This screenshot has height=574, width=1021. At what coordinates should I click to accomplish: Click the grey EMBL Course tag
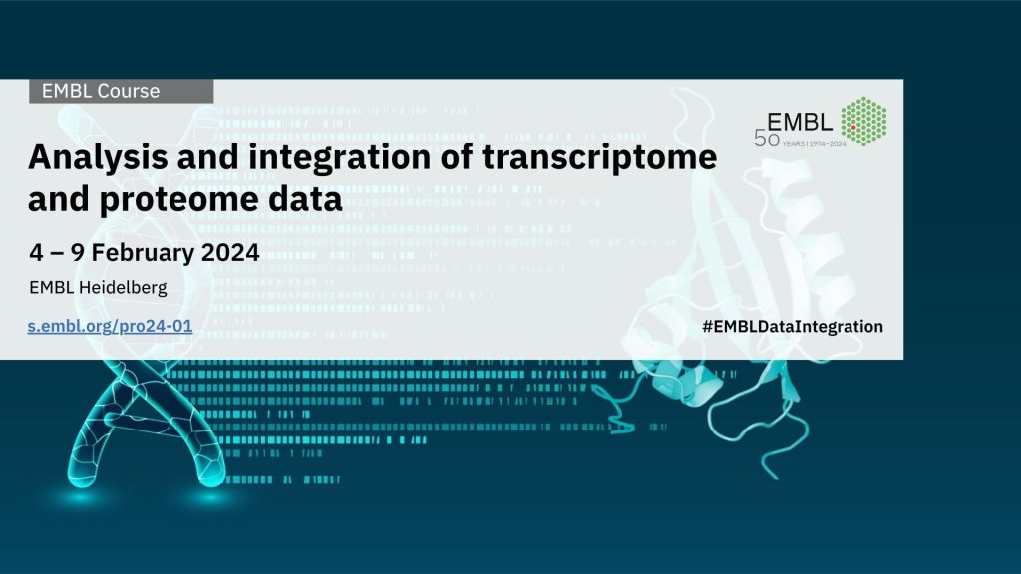(x=121, y=91)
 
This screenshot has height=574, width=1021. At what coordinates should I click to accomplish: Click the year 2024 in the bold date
(x=230, y=252)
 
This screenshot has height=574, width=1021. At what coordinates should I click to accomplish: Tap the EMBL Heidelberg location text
(x=98, y=288)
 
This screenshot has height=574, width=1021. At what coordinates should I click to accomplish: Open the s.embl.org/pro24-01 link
(x=110, y=326)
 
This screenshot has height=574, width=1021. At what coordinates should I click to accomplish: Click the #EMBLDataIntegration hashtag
(x=793, y=326)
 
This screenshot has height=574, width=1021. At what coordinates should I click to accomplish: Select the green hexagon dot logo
(x=863, y=121)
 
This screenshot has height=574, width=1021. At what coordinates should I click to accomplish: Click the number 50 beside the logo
(x=767, y=139)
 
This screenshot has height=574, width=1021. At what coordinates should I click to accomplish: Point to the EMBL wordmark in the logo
(x=800, y=122)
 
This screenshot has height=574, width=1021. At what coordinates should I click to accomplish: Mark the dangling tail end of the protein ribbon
(x=774, y=477)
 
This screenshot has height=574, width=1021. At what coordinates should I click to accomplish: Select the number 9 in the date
(x=78, y=252)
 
